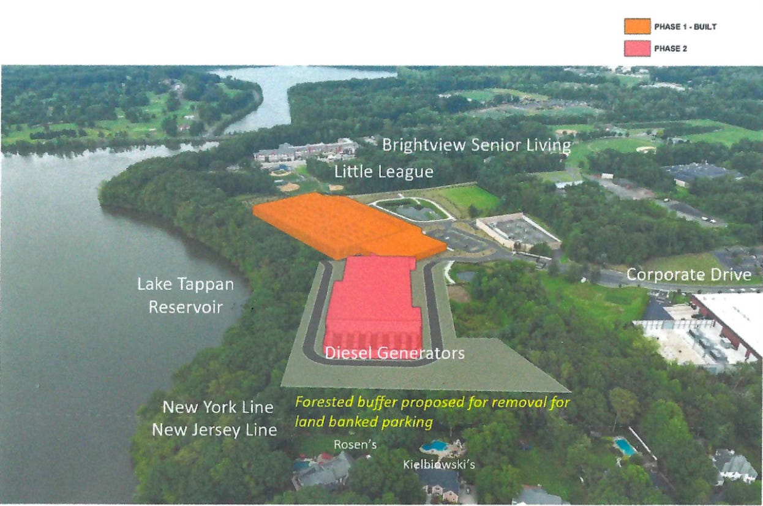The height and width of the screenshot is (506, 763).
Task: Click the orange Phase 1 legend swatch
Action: [637, 26]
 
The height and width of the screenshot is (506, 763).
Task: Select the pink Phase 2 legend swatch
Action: [637, 48]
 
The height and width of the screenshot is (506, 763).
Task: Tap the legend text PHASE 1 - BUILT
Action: [685, 26]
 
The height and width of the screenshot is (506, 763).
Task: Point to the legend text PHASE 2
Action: [671, 48]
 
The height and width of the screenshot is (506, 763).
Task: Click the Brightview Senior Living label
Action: [476, 145]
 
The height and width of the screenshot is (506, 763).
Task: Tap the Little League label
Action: [384, 172]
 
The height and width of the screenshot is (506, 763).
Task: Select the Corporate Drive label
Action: [689, 274]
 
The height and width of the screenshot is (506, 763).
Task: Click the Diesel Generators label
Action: [395, 353]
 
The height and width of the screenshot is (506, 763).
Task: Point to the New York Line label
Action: [218, 407]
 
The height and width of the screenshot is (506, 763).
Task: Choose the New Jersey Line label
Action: [214, 430]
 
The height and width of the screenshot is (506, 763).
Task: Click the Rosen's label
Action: [355, 444]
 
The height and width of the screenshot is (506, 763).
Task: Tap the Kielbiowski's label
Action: [439, 464]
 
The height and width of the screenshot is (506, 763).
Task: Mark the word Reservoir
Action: [186, 307]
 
